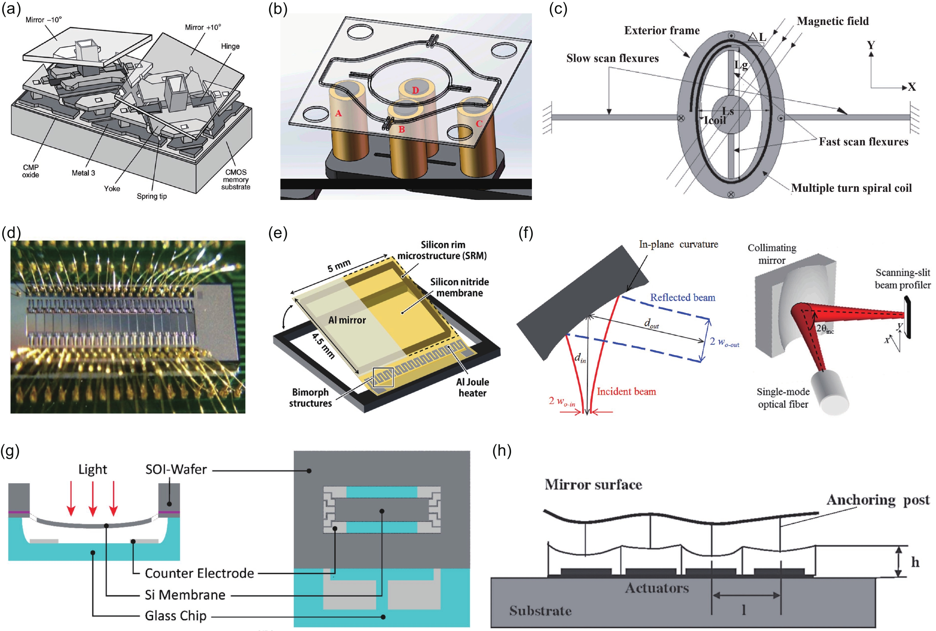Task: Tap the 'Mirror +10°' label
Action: (203, 27)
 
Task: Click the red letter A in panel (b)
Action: (338, 113)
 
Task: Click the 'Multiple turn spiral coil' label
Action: (851, 188)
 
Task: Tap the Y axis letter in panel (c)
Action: (871, 45)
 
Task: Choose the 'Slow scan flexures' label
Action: (612, 58)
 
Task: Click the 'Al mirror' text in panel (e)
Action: (347, 320)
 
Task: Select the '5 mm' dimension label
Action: (339, 266)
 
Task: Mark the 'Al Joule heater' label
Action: (472, 387)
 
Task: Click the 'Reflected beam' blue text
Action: (683, 298)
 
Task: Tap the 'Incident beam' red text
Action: (626, 392)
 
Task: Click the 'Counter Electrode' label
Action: (199, 573)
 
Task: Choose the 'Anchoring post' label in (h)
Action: (878, 500)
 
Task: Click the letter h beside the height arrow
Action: (915, 562)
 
